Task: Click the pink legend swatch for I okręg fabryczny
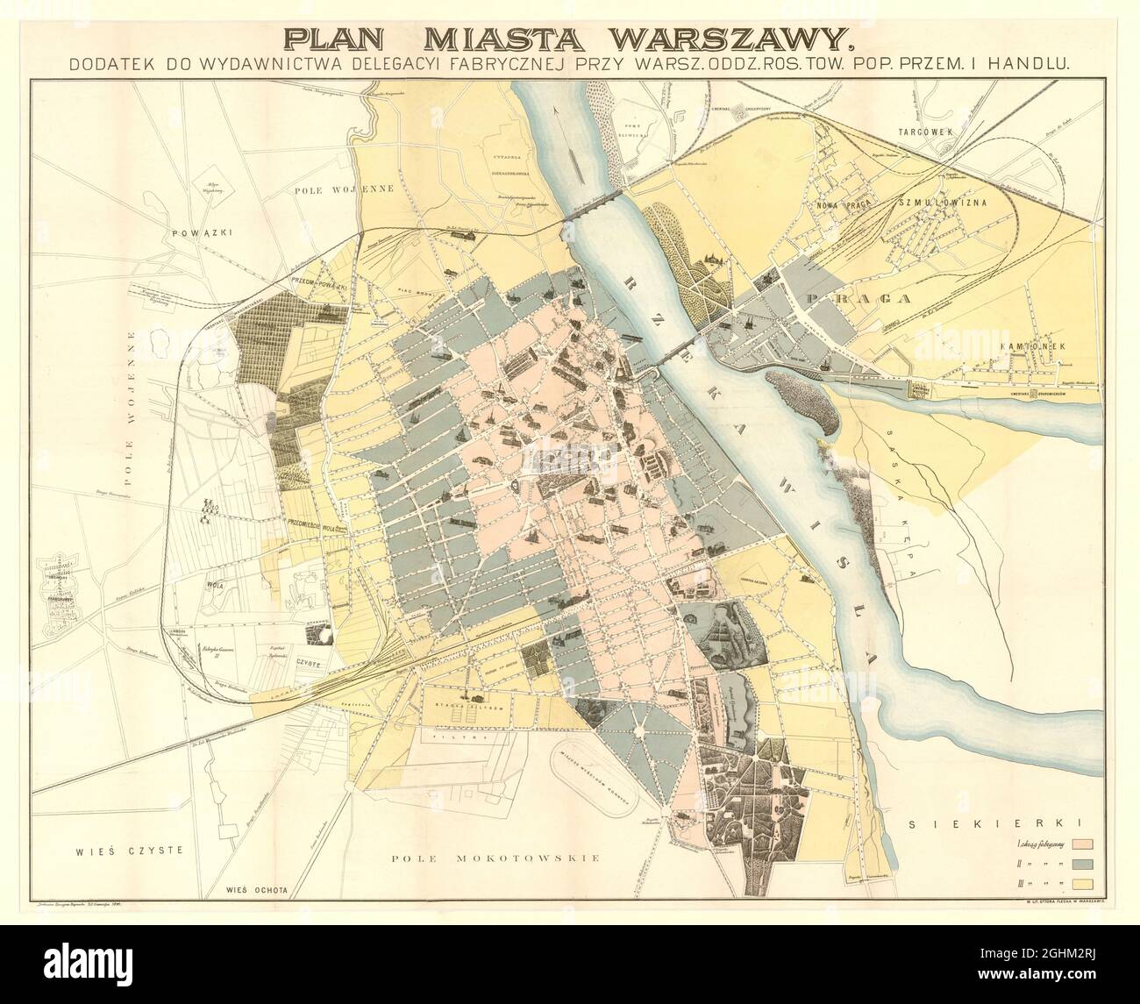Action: pos(1080,844)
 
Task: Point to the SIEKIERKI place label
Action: pos(998,823)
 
